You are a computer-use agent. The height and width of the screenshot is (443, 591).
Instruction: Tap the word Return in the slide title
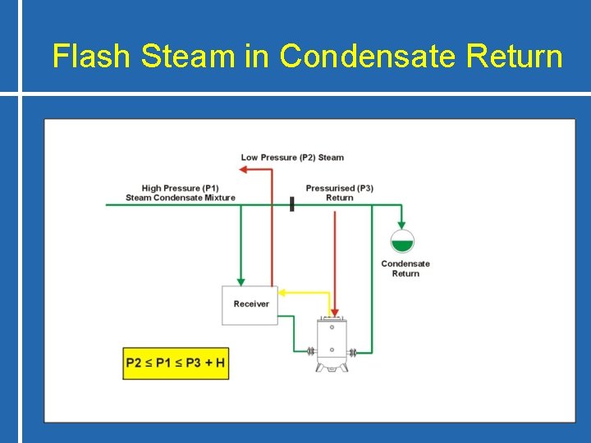[x=515, y=57]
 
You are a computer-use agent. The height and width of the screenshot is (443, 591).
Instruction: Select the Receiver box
[x=250, y=304]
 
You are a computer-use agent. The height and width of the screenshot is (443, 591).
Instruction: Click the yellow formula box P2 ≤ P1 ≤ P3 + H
[x=176, y=363]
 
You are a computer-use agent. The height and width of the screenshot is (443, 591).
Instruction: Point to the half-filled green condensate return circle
[x=402, y=241]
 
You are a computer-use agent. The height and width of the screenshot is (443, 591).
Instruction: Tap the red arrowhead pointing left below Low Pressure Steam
[x=243, y=169]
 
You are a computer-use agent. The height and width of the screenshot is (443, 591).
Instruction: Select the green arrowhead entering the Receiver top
[x=241, y=281]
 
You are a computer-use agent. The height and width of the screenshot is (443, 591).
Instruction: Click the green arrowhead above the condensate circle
[x=402, y=224]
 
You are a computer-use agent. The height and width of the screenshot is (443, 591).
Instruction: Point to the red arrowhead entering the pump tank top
[x=335, y=313]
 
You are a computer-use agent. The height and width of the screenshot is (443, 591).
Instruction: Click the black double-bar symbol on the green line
[x=291, y=203]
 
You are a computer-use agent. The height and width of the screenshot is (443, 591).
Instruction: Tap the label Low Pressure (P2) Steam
[x=292, y=158]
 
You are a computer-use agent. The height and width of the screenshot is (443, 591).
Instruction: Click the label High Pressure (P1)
[x=180, y=188]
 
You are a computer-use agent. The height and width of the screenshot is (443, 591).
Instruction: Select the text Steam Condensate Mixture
[x=180, y=198]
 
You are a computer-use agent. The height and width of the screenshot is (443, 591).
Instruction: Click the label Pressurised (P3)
[x=339, y=188]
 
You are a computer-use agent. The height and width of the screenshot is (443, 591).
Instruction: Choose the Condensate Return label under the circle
[x=405, y=268]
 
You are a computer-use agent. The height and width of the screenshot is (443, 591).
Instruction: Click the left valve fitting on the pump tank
[x=311, y=353]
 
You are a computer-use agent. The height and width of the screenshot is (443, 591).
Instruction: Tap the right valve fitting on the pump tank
[x=352, y=353]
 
